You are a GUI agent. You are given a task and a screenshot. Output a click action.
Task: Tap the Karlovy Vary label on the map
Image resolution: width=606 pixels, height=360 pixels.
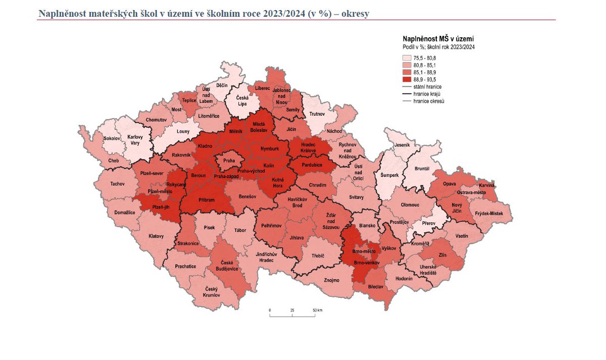[135, 140]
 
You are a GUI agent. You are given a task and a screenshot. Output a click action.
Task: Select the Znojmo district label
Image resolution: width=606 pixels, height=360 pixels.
[331, 280]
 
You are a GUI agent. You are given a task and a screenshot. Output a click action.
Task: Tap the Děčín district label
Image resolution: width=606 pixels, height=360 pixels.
[222, 86]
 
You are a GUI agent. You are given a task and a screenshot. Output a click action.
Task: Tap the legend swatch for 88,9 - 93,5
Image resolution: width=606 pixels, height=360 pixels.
[406, 79]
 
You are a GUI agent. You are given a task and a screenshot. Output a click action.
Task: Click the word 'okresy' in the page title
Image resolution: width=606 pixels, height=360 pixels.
[355, 14]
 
